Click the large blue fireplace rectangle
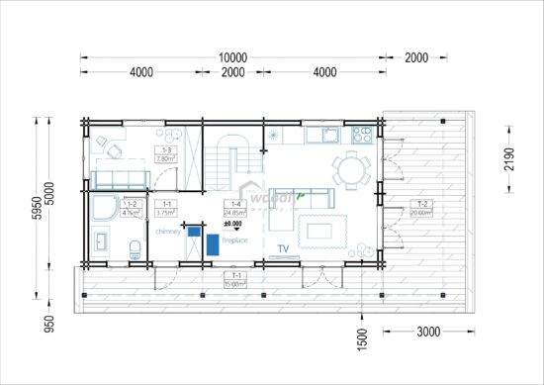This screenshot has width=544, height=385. coord(211,241)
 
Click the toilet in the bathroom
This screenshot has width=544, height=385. coord(135,245)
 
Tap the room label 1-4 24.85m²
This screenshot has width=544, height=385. coord(232,208)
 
